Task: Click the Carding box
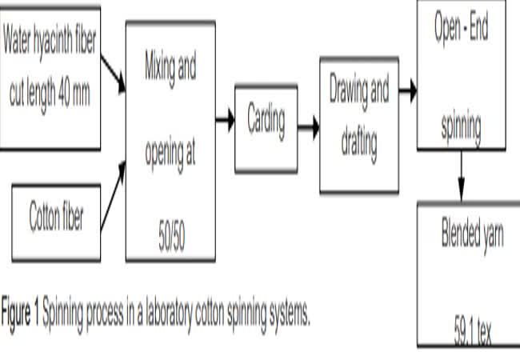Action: click(x=266, y=129)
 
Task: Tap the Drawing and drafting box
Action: click(x=358, y=125)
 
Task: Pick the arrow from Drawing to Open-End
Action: click(x=408, y=90)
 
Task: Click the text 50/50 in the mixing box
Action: click(x=170, y=239)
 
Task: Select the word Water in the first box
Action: click(x=21, y=41)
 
